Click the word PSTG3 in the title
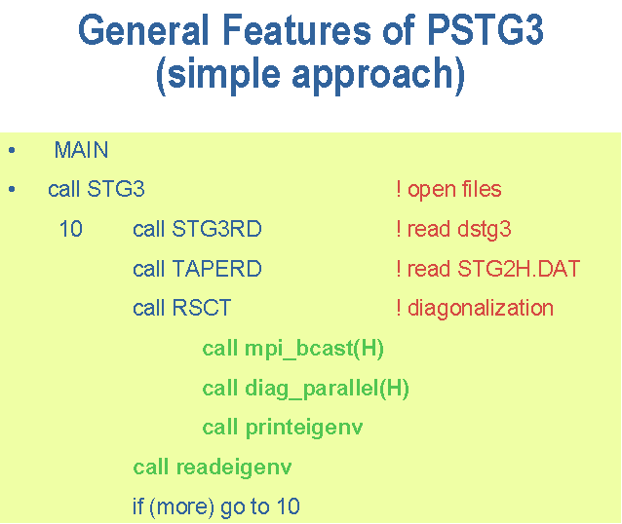[486, 30]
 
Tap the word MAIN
[81, 150]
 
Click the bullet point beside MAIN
[12, 150]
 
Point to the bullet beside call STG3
[12, 190]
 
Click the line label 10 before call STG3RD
[70, 229]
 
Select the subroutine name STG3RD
[217, 229]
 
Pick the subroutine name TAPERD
[217, 269]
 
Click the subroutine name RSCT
[202, 308]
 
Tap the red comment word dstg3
[485, 230]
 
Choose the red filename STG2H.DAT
[519, 269]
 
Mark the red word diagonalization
[481, 309]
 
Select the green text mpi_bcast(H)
[314, 349]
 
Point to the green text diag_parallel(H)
[328, 389]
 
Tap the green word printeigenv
[304, 429]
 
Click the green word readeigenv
[234, 468]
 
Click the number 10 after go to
[289, 506]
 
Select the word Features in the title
[296, 30]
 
